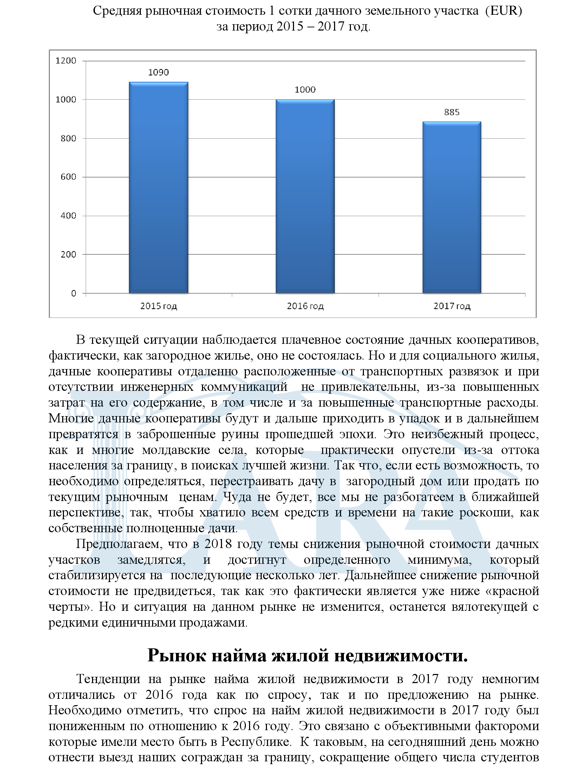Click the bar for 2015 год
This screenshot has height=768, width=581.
click(158, 187)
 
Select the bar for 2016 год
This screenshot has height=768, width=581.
click(305, 196)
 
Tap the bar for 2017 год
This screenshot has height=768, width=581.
click(451, 207)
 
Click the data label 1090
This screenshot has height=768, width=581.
click(158, 73)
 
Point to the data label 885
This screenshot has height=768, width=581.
click(452, 112)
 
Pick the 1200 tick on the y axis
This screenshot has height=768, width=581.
click(66, 61)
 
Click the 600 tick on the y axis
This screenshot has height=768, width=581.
click(68, 177)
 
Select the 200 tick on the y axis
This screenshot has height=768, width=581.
click(68, 254)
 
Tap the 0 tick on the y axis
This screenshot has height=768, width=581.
click(73, 293)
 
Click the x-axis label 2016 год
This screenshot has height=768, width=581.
click(305, 306)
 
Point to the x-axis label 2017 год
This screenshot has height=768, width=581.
click(452, 306)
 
